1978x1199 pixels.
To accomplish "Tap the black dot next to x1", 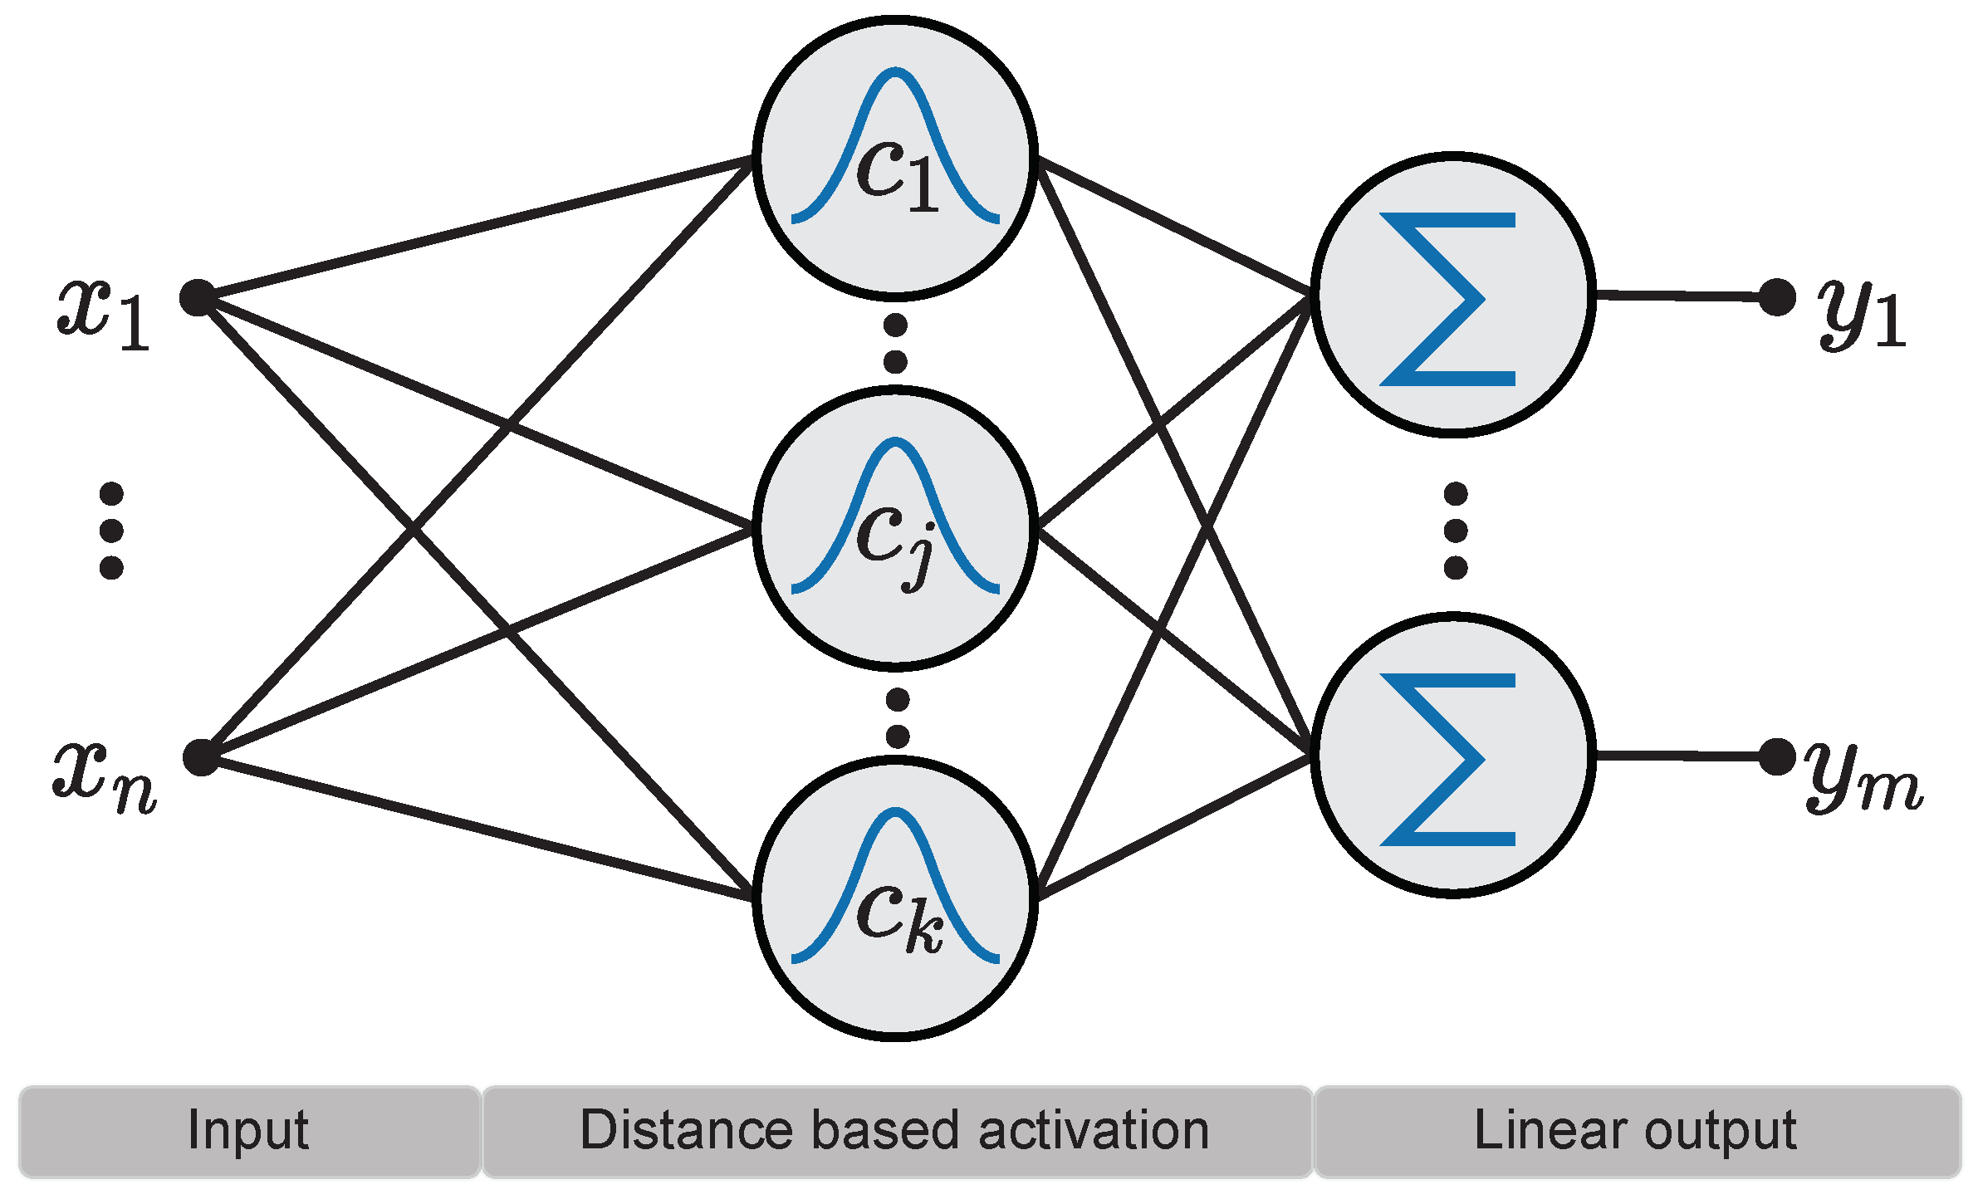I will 198,297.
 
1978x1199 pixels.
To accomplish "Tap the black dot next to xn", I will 201,756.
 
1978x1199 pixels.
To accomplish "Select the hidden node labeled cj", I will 895,528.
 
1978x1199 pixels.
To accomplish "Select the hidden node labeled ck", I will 895,898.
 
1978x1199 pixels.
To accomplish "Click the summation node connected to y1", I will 1452,295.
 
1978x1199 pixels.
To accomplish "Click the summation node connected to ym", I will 1452,755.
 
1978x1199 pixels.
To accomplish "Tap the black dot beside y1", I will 1777,296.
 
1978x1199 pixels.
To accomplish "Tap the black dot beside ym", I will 1777,756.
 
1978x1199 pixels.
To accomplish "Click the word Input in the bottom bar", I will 248,1131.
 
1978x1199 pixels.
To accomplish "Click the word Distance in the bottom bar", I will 685,1131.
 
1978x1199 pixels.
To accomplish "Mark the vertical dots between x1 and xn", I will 111,531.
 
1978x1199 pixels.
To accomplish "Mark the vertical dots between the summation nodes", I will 1456,531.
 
